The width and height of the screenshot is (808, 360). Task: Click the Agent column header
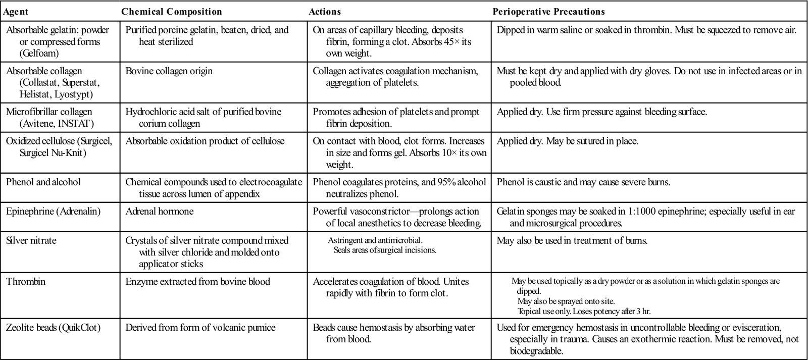click(x=18, y=12)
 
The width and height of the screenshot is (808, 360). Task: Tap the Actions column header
click(x=325, y=12)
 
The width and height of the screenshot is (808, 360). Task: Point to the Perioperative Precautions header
click(x=548, y=12)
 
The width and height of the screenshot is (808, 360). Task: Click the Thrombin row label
click(x=26, y=281)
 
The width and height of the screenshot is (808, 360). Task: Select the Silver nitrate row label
click(x=31, y=240)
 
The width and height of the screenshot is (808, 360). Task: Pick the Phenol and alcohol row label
click(x=43, y=182)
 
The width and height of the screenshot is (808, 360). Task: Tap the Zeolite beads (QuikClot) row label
click(x=54, y=328)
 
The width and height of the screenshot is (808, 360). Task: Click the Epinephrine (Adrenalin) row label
click(x=54, y=211)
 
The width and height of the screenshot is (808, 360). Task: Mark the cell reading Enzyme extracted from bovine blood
click(x=198, y=281)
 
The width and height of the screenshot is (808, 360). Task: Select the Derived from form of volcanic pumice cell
click(x=200, y=328)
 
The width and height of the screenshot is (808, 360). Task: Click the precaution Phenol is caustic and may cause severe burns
click(x=583, y=182)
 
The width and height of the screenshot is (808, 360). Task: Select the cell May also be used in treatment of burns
click(x=572, y=240)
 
